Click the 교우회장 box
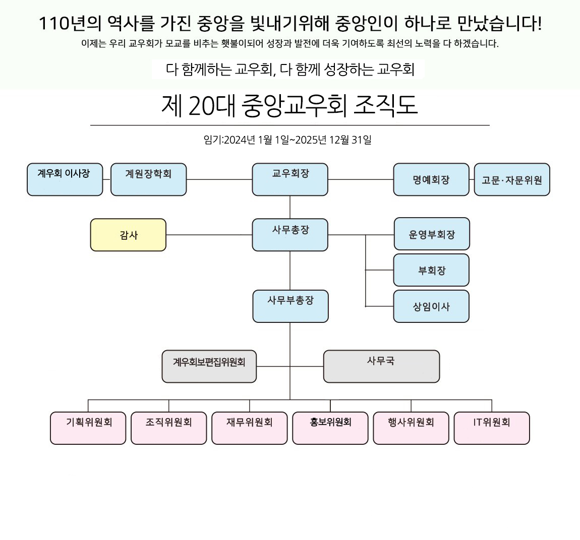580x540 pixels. [290, 179]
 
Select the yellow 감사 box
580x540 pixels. [128, 235]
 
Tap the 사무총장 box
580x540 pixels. [290, 235]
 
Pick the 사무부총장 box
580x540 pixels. [291, 306]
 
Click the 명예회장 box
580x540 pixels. [431, 179]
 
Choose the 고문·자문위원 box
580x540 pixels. [512, 179]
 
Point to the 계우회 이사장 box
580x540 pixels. [65, 179]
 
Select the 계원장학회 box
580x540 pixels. [148, 179]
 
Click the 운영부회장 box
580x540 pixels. [432, 234]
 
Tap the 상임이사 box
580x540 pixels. [431, 306]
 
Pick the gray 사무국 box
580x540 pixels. [381, 366]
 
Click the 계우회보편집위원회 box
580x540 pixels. [209, 366]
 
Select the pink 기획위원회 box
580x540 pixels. [88, 428]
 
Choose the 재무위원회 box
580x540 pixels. [250, 428]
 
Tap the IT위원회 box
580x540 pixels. [492, 428]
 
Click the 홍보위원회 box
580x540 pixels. [330, 428]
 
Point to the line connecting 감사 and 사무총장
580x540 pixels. [209, 235]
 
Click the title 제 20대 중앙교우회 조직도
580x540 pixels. [289, 106]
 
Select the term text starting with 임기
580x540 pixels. [287, 140]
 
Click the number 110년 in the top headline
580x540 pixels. [56, 23]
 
